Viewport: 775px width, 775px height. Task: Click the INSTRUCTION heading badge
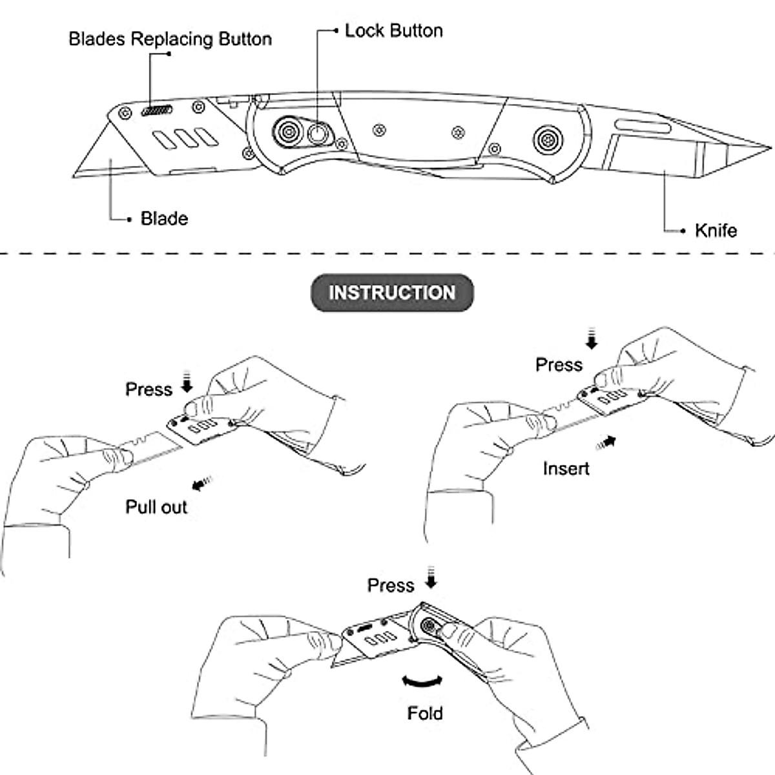[x=392, y=293]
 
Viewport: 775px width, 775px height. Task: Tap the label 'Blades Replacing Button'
[x=170, y=39]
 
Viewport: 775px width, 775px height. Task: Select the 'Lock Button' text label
[x=394, y=31]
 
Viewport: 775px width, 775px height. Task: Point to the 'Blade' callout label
[x=164, y=219]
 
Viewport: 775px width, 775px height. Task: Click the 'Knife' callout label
[x=716, y=231]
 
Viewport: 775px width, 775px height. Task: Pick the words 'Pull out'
[x=156, y=507]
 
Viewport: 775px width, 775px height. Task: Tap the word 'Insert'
[x=566, y=468]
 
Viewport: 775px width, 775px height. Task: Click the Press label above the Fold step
[x=391, y=586]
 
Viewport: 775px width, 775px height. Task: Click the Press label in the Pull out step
[x=149, y=389]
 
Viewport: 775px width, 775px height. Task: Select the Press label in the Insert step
[x=559, y=365]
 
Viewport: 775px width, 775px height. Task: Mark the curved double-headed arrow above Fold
[x=422, y=681]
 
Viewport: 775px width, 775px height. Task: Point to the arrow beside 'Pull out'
[x=202, y=483]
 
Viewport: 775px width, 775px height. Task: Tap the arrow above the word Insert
[x=606, y=443]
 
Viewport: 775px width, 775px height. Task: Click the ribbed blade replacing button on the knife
[x=157, y=110]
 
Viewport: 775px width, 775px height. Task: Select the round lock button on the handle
[x=317, y=134]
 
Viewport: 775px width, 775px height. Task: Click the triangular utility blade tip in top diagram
[x=74, y=176]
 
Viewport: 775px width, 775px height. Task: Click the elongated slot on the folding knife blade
[x=643, y=127]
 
